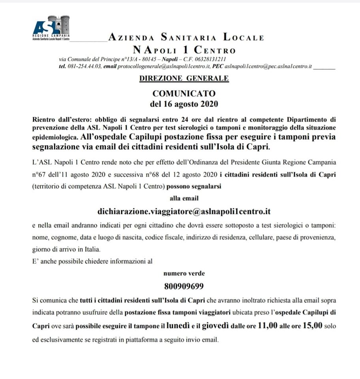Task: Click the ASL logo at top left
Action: [51, 28]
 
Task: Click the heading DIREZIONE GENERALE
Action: [184, 78]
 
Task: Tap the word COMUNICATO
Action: [184, 94]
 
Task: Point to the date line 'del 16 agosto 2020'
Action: [184, 104]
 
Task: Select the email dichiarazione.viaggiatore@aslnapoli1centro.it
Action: [184, 212]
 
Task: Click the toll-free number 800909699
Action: [184, 285]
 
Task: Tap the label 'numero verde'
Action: [184, 273]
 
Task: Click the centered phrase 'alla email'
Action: [184, 198]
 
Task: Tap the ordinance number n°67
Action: [39, 174]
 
